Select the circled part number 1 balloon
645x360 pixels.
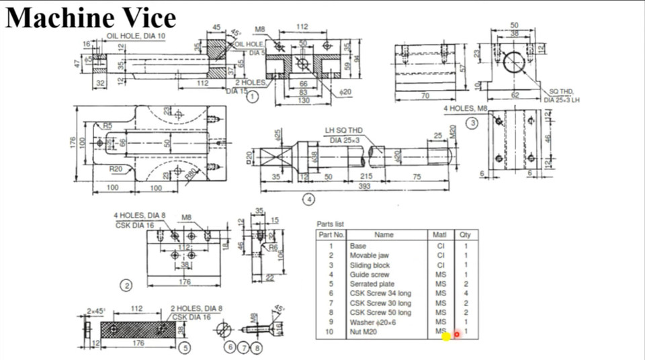pyautogui.click(x=252, y=97)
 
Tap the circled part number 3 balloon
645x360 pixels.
pyautogui.click(x=473, y=123)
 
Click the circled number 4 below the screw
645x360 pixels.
pyautogui.click(x=308, y=199)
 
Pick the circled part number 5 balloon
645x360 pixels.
pyautogui.click(x=185, y=347)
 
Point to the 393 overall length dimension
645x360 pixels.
pyautogui.click(x=363, y=186)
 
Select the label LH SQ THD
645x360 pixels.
pyautogui.click(x=343, y=130)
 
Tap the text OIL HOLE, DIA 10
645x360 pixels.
pyautogui.click(x=135, y=36)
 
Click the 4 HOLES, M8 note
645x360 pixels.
pyautogui.click(x=465, y=109)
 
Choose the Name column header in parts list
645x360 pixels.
pyautogui.click(x=384, y=235)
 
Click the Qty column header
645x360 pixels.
pyautogui.click(x=465, y=235)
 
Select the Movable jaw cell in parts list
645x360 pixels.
pyautogui.click(x=369, y=255)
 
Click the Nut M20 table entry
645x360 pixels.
pyautogui.click(x=363, y=332)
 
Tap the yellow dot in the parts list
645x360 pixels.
pyautogui.click(x=446, y=336)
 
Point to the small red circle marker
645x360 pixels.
pyautogui.click(x=457, y=334)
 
